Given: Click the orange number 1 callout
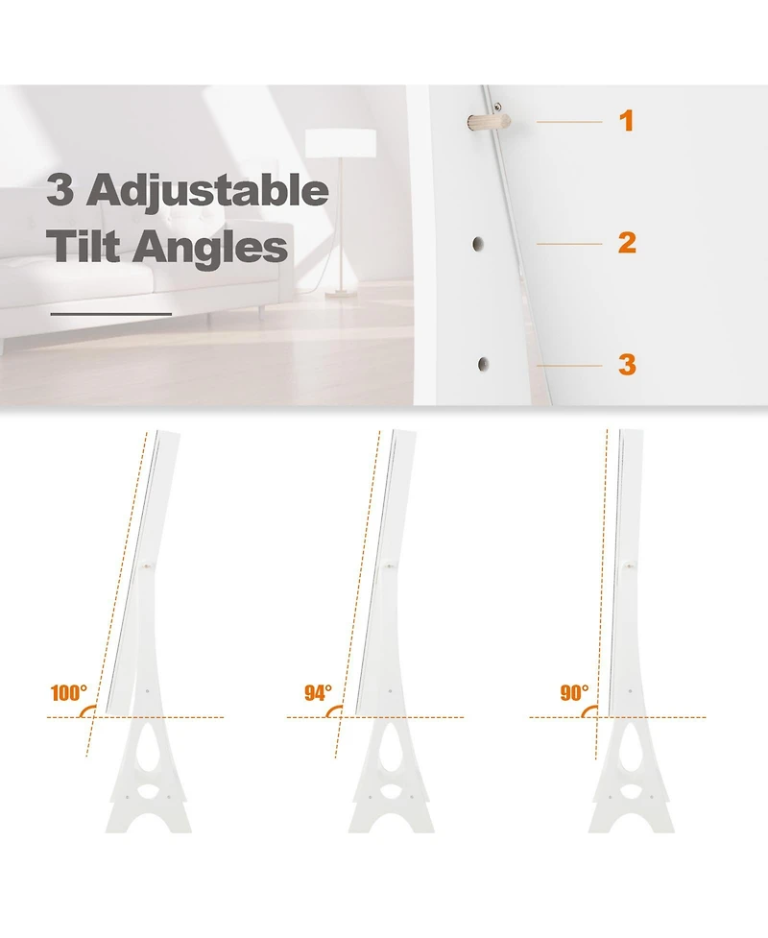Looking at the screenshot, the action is point(626,121).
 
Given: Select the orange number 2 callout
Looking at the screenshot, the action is point(627,242).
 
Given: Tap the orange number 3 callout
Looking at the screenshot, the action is point(627,364).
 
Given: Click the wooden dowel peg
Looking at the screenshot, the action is point(489,123).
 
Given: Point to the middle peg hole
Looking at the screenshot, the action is point(478,244).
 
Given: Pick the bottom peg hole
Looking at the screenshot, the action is point(483,364).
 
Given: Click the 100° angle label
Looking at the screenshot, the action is point(69,693).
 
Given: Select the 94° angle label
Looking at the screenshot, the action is point(318,693).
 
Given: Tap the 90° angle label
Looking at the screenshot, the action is point(574,693).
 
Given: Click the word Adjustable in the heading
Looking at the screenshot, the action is point(208,191).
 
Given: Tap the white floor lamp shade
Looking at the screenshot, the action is point(341,144).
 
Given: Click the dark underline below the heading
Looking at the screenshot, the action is point(111,313).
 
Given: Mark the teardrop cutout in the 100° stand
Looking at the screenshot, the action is point(149,747).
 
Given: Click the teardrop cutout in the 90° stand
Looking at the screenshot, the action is point(631,747).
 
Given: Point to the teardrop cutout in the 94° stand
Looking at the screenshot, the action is point(391,747).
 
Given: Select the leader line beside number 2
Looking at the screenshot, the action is point(569,244).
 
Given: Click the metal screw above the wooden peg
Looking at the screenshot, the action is point(496,108).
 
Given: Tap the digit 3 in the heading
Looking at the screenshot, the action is point(60,190).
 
